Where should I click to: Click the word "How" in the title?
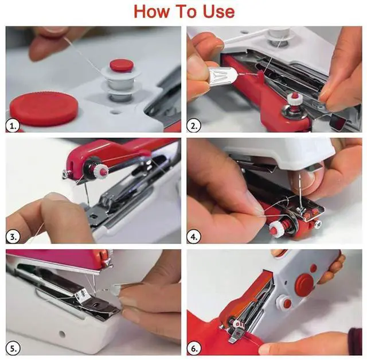click(151, 11)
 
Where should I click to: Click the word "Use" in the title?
click(218, 11)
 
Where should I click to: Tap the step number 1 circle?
click(13, 126)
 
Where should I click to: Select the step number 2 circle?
click(194, 126)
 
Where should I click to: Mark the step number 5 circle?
click(13, 348)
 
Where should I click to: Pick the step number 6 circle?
click(194, 349)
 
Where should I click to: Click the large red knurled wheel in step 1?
click(44, 109)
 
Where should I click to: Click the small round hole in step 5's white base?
click(62, 333)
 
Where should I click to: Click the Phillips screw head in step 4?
click(318, 224)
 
